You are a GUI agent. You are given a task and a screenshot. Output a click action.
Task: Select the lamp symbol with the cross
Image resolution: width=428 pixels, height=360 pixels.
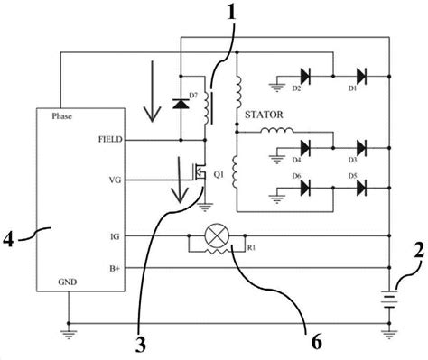[216, 235]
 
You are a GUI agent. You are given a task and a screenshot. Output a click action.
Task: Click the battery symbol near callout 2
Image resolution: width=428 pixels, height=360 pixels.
[388, 298]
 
